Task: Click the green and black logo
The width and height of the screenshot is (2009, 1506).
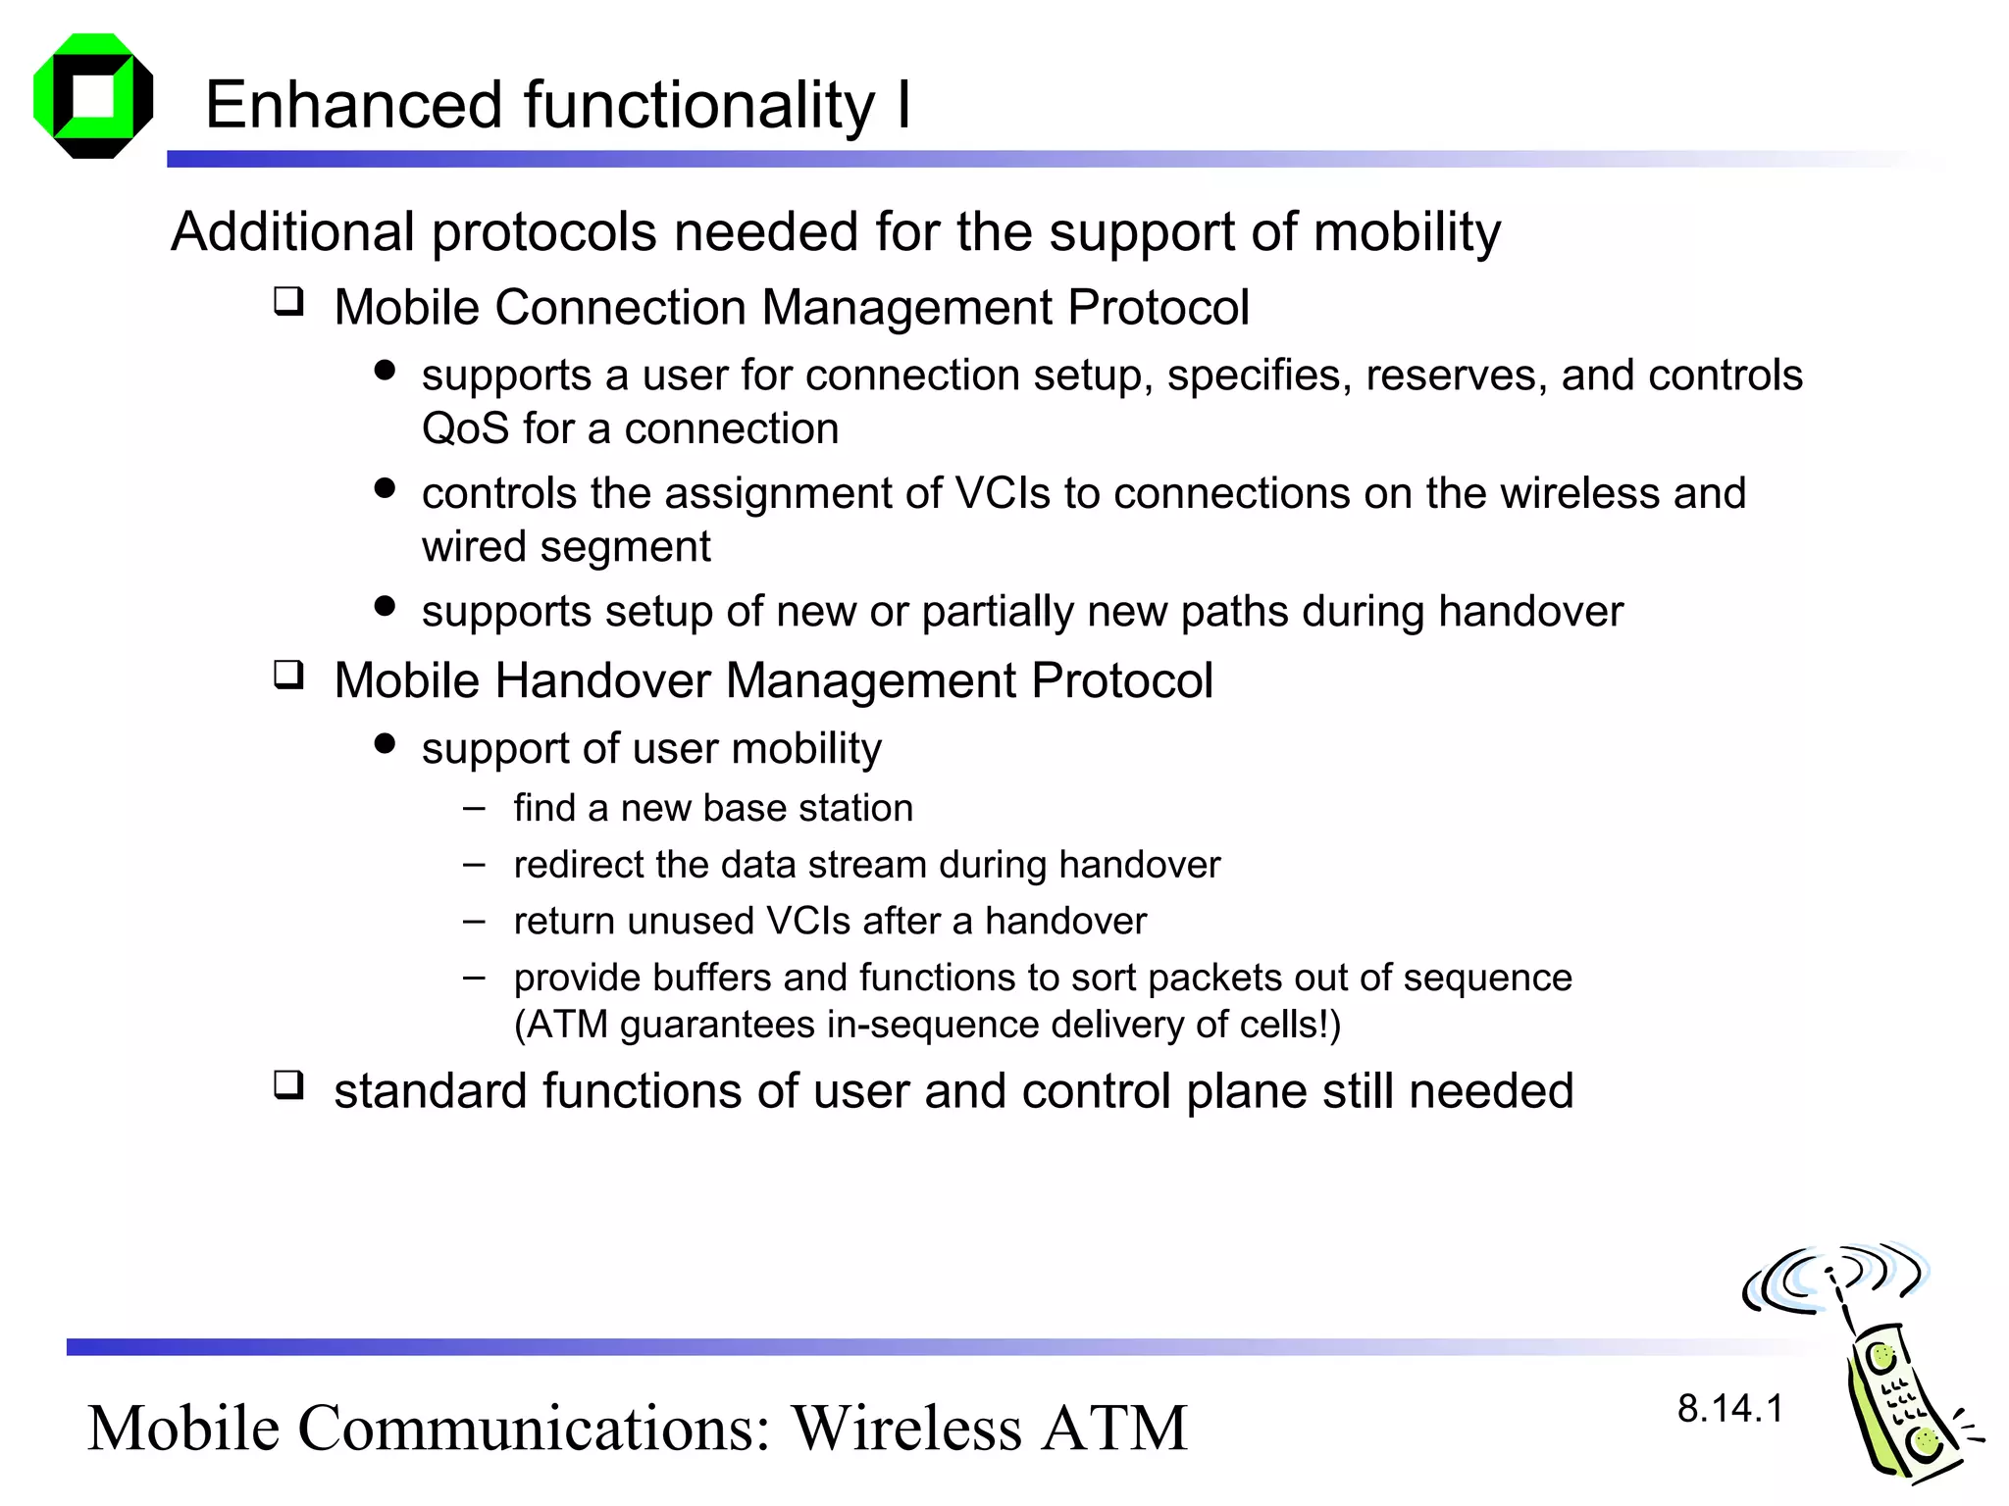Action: click(93, 96)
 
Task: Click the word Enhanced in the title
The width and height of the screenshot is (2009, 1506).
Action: click(353, 105)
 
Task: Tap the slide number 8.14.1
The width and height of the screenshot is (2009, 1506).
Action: click(1729, 1409)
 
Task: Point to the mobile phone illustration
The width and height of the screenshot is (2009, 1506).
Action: click(1898, 1402)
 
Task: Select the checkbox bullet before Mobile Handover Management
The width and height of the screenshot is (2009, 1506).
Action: click(288, 675)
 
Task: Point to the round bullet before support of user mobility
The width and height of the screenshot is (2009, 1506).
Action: click(385, 744)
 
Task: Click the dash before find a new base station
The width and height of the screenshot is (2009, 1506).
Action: click(475, 809)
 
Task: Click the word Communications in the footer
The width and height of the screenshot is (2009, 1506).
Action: click(535, 1429)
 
